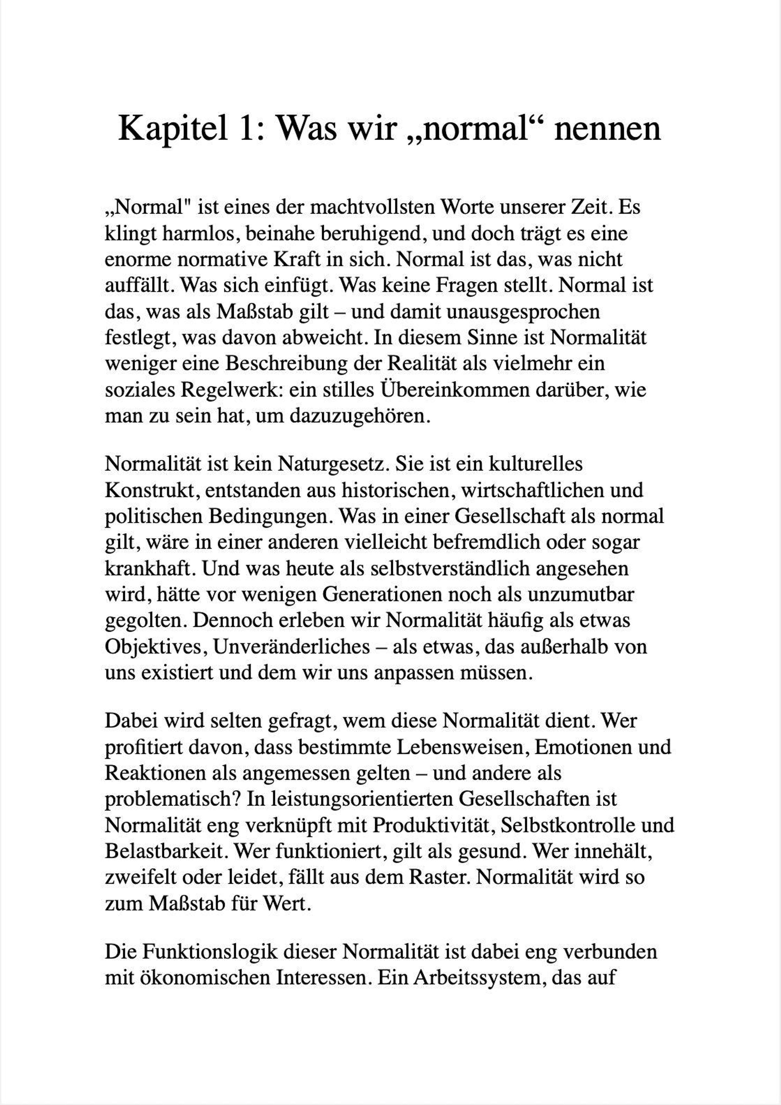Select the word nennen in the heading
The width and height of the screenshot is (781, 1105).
pos(607,129)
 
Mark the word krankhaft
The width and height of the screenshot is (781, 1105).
pos(149,568)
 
